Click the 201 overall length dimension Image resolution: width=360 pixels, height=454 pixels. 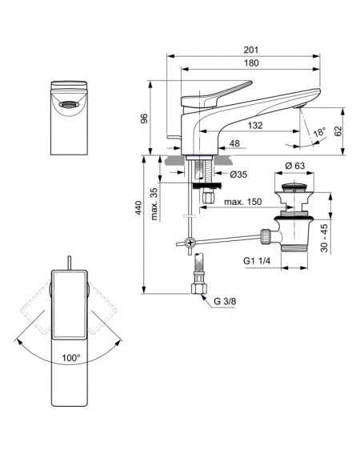coord(250,50)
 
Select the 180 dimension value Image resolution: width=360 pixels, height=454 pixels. coord(251,62)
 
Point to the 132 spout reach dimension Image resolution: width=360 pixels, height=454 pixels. coord(255,126)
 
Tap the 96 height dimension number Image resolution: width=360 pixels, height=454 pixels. coord(144,119)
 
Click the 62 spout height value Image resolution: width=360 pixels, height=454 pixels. coord(338,131)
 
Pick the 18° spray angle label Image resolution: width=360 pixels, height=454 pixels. coord(319,132)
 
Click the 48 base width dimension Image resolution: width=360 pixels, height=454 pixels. coord(234,143)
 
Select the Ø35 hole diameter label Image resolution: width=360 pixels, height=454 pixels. coord(238,175)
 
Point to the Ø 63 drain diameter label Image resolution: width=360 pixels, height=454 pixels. coord(294,166)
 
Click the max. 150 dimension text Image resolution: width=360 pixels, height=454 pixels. coord(242,202)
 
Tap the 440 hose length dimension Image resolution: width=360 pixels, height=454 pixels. coord(139,207)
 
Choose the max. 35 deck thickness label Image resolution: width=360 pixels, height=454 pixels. coord(154,204)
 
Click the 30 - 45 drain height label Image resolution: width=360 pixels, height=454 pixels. coord(324,238)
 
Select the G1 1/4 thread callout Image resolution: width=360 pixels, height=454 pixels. coord(257,261)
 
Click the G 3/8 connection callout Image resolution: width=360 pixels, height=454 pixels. coord(225,301)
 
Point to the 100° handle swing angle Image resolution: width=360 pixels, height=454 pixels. coord(71,358)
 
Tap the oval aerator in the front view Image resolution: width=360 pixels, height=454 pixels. coord(69,105)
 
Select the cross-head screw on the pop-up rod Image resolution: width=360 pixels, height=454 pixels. coord(190,242)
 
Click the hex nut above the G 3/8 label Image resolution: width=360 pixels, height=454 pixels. coord(199,288)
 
